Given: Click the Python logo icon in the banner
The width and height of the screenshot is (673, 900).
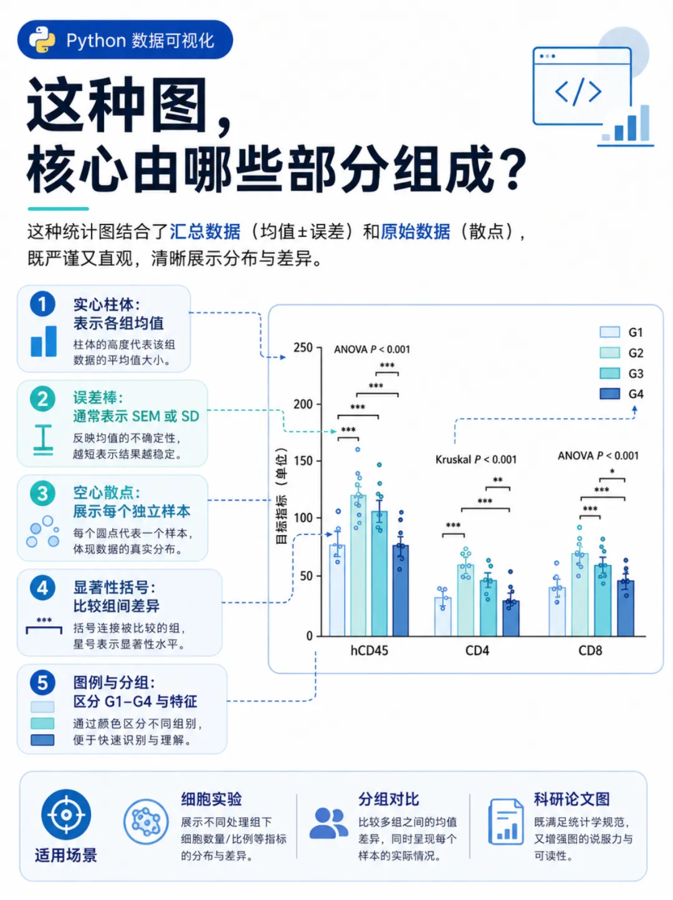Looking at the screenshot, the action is click(42, 40).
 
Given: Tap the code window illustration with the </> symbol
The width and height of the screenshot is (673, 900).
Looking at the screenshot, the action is click(581, 86).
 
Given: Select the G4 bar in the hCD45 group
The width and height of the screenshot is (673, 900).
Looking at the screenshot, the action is click(400, 591).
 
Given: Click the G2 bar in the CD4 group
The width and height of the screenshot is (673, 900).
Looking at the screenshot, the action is click(465, 600).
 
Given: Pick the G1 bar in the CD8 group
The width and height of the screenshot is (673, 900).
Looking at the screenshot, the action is click(556, 612).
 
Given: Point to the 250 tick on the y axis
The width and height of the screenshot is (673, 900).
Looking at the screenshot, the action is click(303, 347).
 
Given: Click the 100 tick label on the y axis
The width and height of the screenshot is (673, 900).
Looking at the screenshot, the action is click(303, 518).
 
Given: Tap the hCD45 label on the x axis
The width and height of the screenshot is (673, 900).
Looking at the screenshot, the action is click(369, 651).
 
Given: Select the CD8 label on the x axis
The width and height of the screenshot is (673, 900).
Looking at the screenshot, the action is click(590, 651).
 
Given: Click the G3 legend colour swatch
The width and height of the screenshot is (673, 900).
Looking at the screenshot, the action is click(609, 373).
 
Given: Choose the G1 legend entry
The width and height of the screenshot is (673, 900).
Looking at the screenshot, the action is click(621, 332).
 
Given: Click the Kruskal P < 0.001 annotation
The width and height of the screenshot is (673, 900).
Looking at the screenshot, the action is click(475, 460).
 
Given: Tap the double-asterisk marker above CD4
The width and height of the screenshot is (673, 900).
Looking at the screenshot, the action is click(498, 480).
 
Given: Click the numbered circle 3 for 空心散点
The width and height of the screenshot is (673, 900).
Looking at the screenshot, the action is click(42, 493).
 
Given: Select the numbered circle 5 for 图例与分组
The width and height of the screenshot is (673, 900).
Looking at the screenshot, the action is click(42, 683).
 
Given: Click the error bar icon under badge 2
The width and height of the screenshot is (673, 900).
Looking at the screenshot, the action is click(43, 440).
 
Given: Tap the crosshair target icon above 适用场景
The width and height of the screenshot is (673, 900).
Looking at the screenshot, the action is click(66, 815).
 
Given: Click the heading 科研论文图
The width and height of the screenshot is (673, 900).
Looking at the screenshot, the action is click(571, 799).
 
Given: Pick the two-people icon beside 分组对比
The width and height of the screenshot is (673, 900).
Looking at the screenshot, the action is click(328, 823).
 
